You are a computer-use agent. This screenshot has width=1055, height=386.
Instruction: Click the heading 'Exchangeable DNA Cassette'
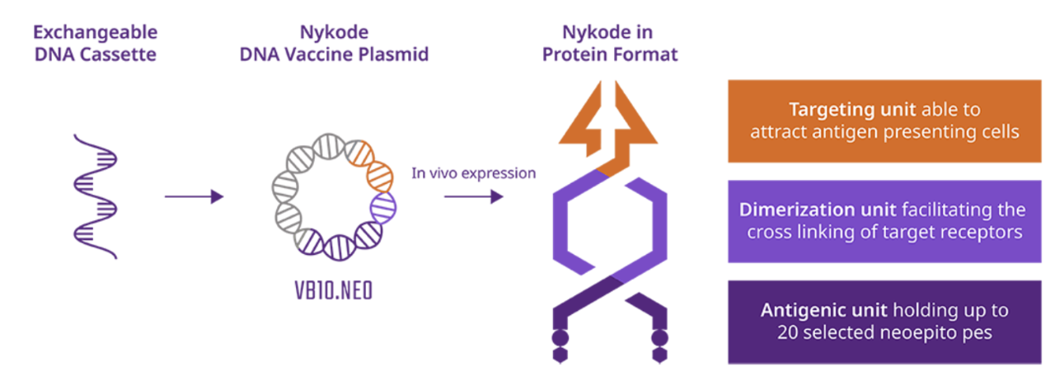click(95, 44)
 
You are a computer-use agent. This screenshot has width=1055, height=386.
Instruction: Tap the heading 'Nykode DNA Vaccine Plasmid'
click(334, 44)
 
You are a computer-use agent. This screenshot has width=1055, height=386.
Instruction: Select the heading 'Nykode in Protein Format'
click(609, 44)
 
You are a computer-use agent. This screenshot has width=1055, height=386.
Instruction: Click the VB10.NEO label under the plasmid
click(334, 290)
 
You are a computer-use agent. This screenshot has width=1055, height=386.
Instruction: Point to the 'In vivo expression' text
click(473, 173)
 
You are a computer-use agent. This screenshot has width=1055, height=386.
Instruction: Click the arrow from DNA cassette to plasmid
click(194, 196)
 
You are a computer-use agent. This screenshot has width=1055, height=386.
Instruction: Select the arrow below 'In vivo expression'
click(474, 196)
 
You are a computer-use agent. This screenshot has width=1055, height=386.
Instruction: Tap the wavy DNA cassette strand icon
click(95, 196)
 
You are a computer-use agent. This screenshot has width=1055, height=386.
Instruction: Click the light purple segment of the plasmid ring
click(383, 207)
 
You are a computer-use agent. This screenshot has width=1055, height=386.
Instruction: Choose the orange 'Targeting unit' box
click(884, 121)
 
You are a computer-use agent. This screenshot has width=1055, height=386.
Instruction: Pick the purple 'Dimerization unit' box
click(884, 221)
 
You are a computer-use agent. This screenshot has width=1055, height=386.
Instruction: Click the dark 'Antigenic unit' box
click(884, 322)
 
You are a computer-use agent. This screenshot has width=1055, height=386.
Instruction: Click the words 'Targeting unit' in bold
click(852, 110)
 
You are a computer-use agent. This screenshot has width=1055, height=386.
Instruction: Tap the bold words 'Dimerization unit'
click(818, 209)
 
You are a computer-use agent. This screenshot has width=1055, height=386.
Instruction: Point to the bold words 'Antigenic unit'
click(823, 311)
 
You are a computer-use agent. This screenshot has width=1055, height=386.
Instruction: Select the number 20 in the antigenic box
click(787, 332)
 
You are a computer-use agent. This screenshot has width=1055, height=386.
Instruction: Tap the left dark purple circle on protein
click(560, 337)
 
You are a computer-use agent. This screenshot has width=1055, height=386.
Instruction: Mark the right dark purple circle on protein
click(659, 337)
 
